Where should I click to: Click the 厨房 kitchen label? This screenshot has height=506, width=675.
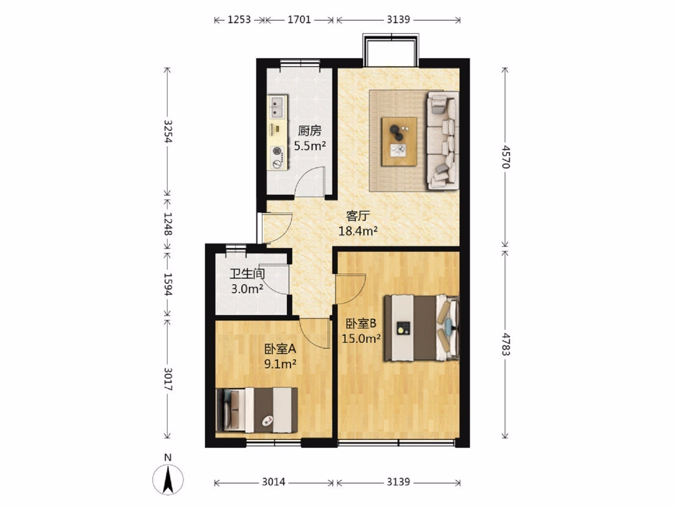click(x=309, y=131)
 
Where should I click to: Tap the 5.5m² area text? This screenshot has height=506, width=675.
click(x=310, y=145)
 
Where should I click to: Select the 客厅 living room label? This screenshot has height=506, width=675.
click(x=357, y=216)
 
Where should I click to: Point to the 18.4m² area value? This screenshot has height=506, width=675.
click(x=358, y=231)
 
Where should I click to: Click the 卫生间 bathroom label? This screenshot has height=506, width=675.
click(x=247, y=274)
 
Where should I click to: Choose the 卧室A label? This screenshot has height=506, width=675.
click(x=280, y=349)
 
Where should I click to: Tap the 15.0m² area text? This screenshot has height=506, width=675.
click(x=361, y=339)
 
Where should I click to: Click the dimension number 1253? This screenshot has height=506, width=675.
click(x=239, y=20)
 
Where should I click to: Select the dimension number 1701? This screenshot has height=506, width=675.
click(x=299, y=20)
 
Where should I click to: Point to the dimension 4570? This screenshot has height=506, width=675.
click(x=505, y=157)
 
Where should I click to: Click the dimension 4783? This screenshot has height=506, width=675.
click(x=505, y=344)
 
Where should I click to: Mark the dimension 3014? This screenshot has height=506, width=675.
click(x=273, y=482)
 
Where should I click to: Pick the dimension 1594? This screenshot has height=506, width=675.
click(x=167, y=284)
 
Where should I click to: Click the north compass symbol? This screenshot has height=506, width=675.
click(x=168, y=479)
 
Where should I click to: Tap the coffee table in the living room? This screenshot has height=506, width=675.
click(x=399, y=142)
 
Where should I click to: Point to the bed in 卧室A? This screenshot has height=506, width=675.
click(x=257, y=410)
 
